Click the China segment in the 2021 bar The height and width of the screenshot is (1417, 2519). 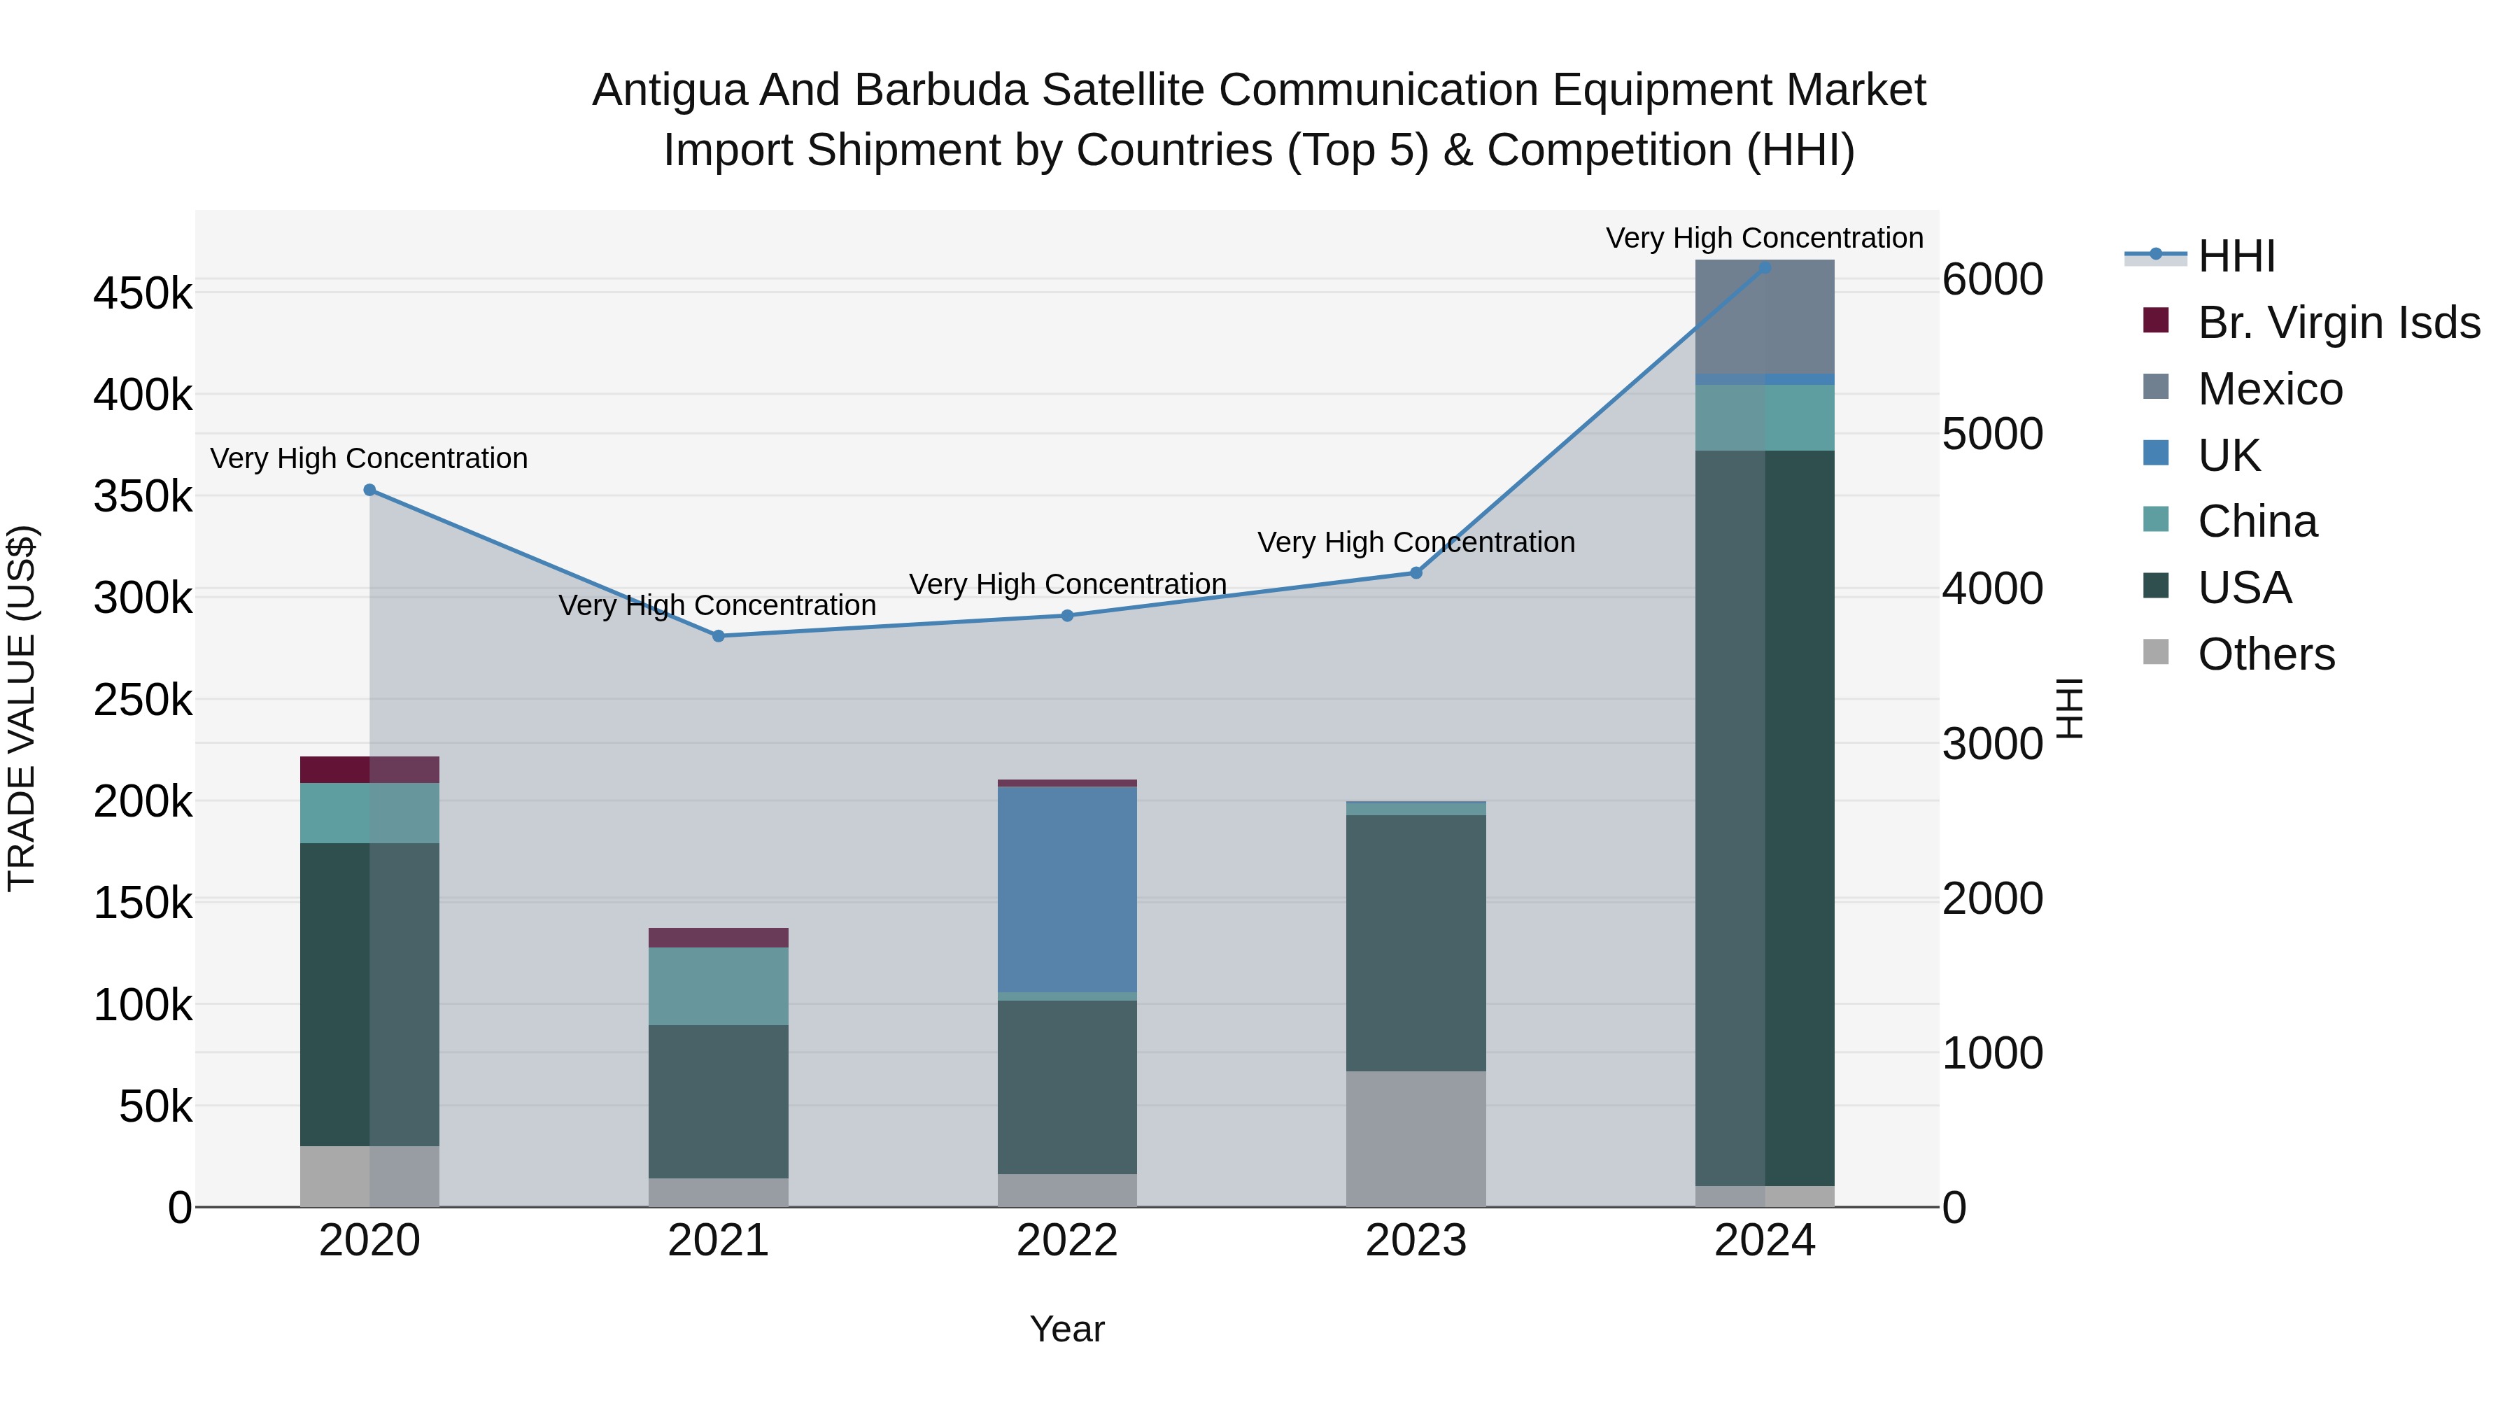(718, 986)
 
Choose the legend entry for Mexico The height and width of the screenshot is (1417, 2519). (2268, 389)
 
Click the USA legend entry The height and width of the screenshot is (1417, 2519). (2243, 588)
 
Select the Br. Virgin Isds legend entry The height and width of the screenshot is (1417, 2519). (2337, 323)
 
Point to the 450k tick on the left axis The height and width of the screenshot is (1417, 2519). (143, 293)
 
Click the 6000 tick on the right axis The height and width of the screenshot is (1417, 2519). (1992, 280)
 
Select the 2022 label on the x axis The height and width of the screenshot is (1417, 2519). (1067, 1241)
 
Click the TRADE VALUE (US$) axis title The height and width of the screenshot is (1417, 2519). (22, 708)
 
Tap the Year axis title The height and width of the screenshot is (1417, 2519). (1067, 1329)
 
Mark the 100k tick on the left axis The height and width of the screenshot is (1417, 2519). (143, 1006)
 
